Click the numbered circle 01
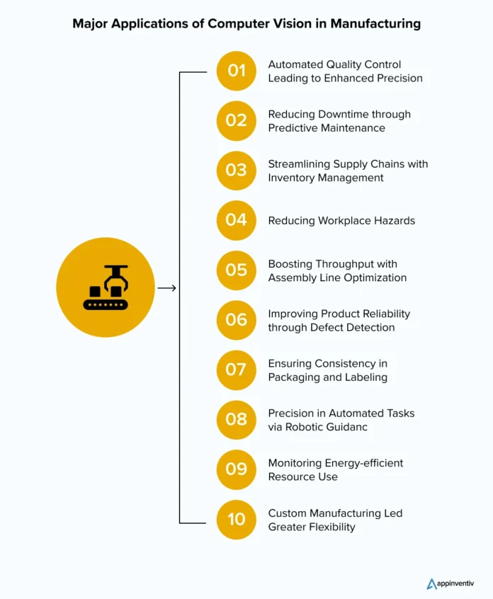pyautogui.click(x=236, y=71)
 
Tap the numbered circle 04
pyautogui.click(x=236, y=220)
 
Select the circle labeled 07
pyautogui.click(x=236, y=370)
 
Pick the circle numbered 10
pyautogui.click(x=236, y=519)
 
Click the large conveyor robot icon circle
pyautogui.click(x=106, y=287)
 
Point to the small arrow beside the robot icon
pyautogui.click(x=166, y=288)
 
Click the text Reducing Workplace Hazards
pyautogui.click(x=341, y=220)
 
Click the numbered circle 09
pyautogui.click(x=236, y=469)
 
